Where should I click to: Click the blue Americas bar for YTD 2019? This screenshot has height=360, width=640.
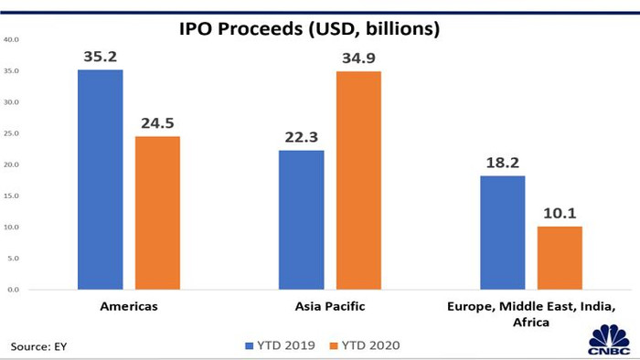(x=101, y=179)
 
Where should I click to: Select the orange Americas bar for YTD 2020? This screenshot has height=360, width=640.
(x=157, y=213)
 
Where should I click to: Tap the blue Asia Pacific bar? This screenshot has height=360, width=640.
(x=302, y=219)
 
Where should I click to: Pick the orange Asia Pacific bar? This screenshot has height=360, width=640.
(x=358, y=180)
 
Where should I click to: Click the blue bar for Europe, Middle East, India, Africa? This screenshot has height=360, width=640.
(x=503, y=232)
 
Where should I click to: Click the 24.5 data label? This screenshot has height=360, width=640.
(x=157, y=122)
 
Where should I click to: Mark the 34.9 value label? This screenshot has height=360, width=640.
(x=358, y=57)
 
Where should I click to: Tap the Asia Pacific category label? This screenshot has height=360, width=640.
(x=330, y=306)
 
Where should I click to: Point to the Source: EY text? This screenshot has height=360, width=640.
(x=39, y=346)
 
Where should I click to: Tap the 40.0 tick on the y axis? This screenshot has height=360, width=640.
(x=12, y=39)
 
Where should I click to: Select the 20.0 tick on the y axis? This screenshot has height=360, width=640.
(x=12, y=164)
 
